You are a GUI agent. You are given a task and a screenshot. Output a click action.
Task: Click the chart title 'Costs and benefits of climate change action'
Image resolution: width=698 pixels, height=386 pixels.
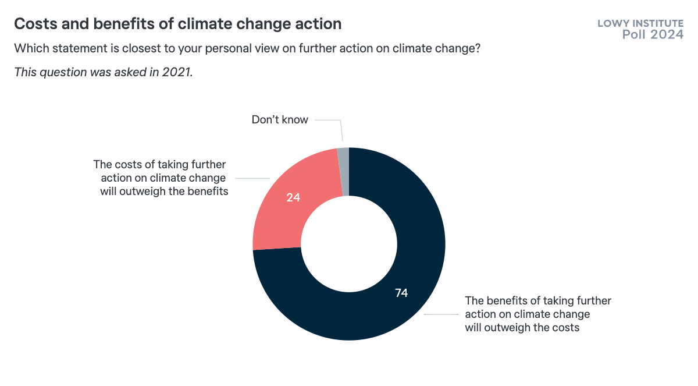(177, 24)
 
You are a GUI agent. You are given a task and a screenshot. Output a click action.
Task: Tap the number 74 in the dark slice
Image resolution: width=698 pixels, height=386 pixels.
(401, 293)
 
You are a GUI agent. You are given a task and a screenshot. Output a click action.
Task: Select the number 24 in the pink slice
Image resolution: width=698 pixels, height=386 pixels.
(293, 197)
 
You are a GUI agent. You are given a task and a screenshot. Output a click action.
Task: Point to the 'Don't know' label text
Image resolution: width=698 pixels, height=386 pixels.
(280, 119)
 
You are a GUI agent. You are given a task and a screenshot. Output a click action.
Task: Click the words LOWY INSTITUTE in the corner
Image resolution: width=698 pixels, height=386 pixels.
(640, 23)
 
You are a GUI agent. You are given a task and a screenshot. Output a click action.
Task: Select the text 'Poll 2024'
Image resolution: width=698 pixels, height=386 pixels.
(653, 34)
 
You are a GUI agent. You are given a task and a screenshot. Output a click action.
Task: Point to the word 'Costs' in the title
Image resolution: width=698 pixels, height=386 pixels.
(34, 24)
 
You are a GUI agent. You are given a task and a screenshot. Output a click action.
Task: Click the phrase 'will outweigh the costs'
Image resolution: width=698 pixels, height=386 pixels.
(522, 327)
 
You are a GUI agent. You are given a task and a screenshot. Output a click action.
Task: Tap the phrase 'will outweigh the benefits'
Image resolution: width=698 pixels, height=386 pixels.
(164, 191)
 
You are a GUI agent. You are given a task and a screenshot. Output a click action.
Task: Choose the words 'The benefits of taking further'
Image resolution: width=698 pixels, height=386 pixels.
(538, 300)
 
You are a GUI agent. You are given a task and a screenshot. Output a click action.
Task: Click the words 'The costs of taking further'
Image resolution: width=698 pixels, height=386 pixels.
(159, 165)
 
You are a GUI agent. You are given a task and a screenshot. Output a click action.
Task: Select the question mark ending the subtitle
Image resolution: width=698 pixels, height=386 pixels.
(477, 49)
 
